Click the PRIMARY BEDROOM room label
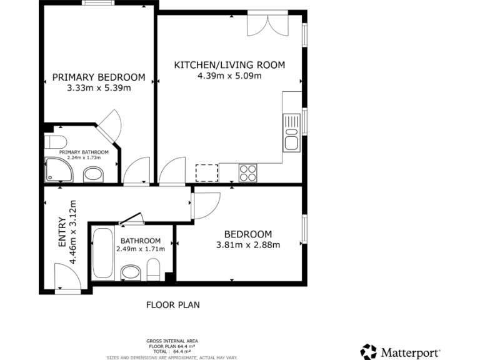(99, 77)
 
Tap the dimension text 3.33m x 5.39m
(99, 88)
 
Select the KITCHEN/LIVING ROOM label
(229, 65)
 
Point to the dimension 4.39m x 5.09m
(229, 76)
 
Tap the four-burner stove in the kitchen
(247, 172)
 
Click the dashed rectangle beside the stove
(206, 172)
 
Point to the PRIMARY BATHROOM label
(84, 152)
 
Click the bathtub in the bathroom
(102, 254)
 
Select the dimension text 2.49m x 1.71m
(141, 249)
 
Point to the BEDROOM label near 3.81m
(248, 234)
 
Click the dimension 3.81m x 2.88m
(248, 245)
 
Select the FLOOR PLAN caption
(172, 305)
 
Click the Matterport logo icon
(369, 352)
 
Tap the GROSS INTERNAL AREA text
(172, 341)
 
